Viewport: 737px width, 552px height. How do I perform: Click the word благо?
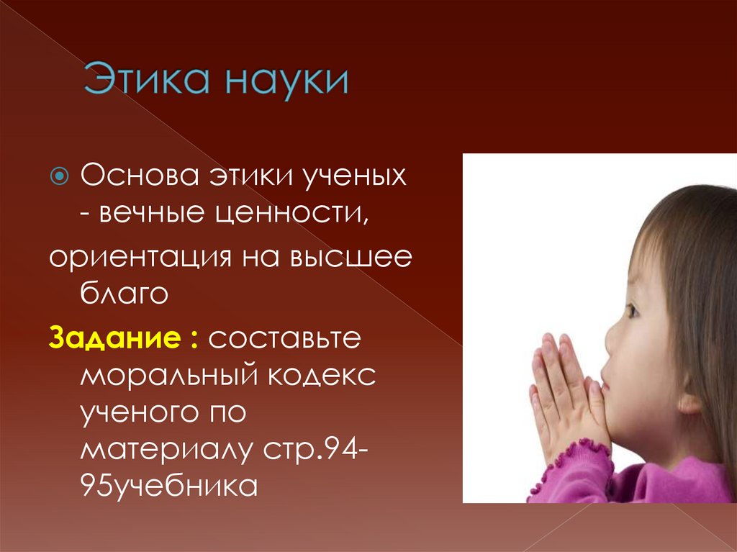coord(123,294)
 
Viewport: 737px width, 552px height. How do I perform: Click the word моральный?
coord(163,375)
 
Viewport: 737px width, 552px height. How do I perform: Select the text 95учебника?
coord(168,487)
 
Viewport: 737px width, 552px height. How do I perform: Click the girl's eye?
coord(632,311)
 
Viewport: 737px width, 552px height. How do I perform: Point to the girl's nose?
coord(610,338)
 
